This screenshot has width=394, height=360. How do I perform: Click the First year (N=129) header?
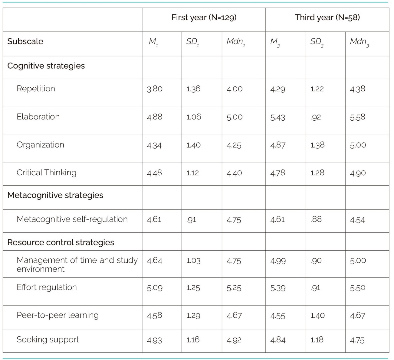coord(204,18)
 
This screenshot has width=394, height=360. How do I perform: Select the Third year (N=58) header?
coord(327,18)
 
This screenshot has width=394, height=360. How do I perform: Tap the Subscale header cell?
coord(25,41)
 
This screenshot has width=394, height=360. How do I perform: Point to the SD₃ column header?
coord(317,42)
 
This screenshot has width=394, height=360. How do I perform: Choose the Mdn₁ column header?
coord(235,42)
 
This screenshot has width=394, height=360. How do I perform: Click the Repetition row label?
coord(36,89)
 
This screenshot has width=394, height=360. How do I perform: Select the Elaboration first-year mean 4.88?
coord(154,117)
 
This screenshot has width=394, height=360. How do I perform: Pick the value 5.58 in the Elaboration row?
coord(357,117)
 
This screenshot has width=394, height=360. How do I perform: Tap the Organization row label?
coord(40,145)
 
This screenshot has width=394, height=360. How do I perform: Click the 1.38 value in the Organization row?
coord(317,145)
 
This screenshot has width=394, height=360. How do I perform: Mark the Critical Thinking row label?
coord(46,173)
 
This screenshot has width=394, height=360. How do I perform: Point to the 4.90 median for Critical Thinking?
coord(358,173)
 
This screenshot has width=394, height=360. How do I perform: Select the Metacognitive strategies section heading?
coord(55,195)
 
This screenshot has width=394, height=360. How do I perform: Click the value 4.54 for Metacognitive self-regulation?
coord(357,220)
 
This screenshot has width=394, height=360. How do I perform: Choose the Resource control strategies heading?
coord(61,242)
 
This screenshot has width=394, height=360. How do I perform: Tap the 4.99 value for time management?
coord(278,261)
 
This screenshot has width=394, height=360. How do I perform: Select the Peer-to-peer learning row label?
coord(57,315)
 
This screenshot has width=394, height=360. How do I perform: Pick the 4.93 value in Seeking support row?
coord(154,340)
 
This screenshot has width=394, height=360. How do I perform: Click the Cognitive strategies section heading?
coord(46,66)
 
